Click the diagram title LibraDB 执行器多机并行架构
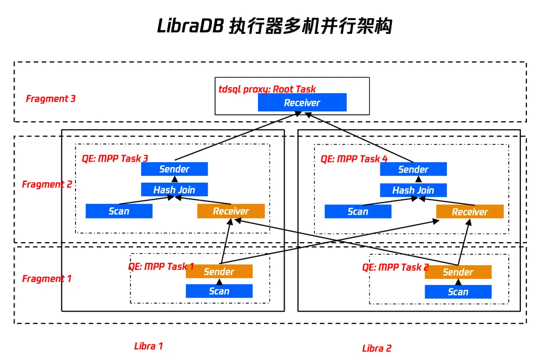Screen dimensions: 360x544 pos(275,26)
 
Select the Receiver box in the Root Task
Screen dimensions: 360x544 pos(302,103)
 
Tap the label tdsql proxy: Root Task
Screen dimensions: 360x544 pos(267,89)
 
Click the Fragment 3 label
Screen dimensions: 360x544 pos(51,99)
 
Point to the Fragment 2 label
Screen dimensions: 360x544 pos(47,184)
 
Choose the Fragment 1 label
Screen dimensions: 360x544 pos(47,278)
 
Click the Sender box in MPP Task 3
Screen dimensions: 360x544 pos(174,169)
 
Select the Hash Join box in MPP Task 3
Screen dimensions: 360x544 pos(174,190)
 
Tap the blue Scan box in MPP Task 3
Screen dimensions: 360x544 pos(119,211)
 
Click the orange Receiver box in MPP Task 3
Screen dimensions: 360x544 pos(231,211)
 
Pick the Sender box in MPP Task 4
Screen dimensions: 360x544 pos(413,170)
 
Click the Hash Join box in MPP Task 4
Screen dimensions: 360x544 pos(413,190)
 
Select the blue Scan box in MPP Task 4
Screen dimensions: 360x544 pos(358,211)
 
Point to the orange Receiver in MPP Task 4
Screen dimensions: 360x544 pos(469,212)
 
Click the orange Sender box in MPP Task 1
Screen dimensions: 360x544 pos(219,272)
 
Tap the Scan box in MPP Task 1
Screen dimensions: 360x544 pos(219,291)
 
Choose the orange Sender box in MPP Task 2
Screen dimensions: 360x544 pos(458,272)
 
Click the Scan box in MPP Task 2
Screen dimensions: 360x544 pos(458,292)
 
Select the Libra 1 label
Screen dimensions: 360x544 pos(149,346)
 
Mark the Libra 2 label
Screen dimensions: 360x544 pos(377,348)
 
